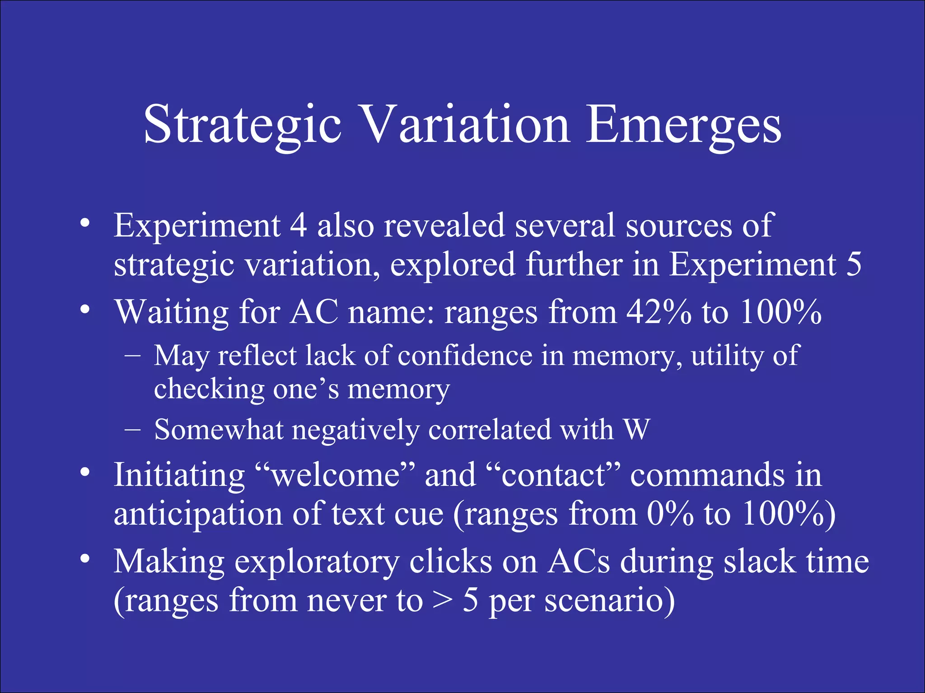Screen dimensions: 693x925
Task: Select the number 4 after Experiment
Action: point(298,225)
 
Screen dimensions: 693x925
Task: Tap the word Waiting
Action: point(172,312)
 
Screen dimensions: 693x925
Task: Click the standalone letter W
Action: point(636,430)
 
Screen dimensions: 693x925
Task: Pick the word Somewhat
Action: point(219,430)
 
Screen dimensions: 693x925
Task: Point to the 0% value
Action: point(670,514)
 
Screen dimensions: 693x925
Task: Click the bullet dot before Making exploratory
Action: point(84,559)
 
